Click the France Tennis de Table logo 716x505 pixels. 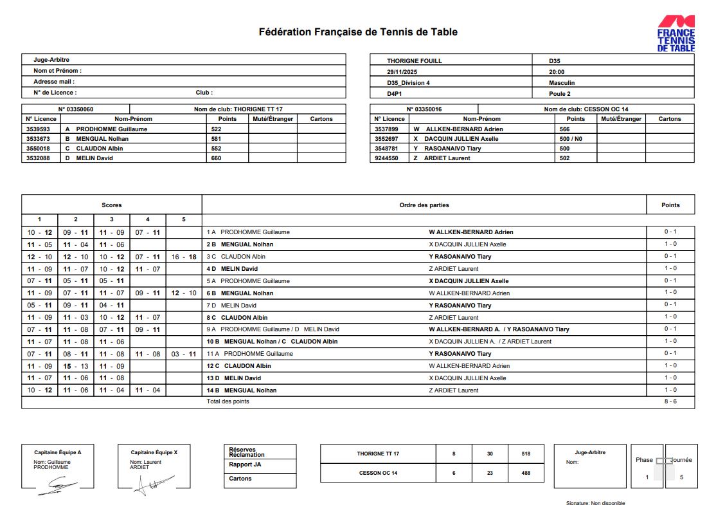[676, 33]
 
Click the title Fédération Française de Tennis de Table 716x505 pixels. [358, 32]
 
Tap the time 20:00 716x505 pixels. [557, 72]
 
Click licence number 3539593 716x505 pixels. [38, 129]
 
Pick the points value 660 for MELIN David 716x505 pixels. [216, 158]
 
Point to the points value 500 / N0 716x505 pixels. [571, 138]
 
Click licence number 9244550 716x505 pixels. [386, 158]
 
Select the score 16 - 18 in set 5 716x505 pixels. [184, 257]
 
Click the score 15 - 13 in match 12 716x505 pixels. [75, 366]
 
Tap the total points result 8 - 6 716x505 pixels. [670, 401]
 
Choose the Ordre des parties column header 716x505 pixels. [424, 205]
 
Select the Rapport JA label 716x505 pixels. [245, 464]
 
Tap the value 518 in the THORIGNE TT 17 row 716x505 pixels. [526, 454]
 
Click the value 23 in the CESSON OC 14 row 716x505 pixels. [490, 473]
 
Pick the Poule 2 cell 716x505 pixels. [560, 93]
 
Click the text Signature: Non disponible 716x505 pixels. [595, 502]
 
